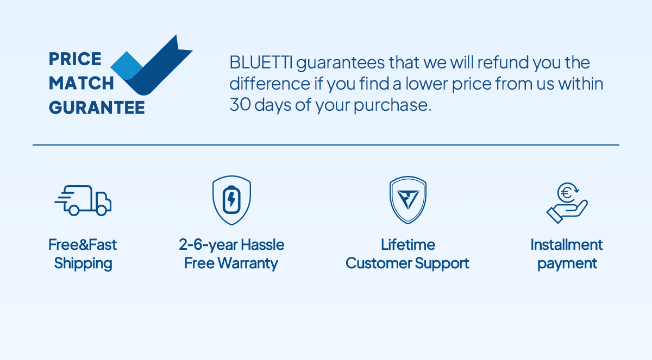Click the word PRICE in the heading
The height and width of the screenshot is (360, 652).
pyautogui.click(x=75, y=59)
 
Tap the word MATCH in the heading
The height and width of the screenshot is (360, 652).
pyautogui.click(x=81, y=83)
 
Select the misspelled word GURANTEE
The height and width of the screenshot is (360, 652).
pyautogui.click(x=97, y=108)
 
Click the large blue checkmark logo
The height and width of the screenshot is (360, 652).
pyautogui.click(x=152, y=65)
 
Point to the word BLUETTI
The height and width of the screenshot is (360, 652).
pyautogui.click(x=261, y=62)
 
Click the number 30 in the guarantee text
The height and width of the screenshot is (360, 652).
pyautogui.click(x=240, y=105)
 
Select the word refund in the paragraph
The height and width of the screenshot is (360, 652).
pyautogui.click(x=503, y=62)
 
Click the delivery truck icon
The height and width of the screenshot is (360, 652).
pyautogui.click(x=83, y=200)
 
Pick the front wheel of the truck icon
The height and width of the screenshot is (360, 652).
pyautogui.click(x=102, y=210)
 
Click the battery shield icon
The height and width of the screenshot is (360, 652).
pyautogui.click(x=231, y=200)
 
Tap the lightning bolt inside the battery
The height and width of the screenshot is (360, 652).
pyautogui.click(x=231, y=200)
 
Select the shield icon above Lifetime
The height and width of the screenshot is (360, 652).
pyautogui.click(x=408, y=200)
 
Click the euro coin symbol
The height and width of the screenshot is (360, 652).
pyautogui.click(x=567, y=193)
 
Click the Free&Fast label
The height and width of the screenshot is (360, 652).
pyautogui.click(x=83, y=244)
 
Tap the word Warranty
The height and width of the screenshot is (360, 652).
pyautogui.click(x=248, y=264)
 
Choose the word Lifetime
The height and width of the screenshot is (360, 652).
pyautogui.click(x=408, y=244)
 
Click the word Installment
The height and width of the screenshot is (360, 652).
pyautogui.click(x=566, y=244)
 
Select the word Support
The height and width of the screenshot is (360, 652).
pyautogui.click(x=442, y=264)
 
